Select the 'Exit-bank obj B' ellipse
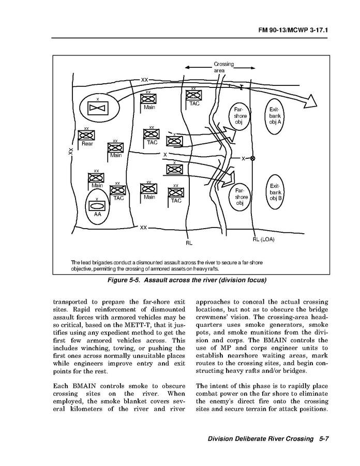[x=275, y=192]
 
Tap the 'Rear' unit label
[x=87, y=144]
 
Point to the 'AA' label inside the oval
[x=97, y=214]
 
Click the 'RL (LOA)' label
[x=264, y=239]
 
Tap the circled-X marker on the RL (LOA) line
[x=252, y=158]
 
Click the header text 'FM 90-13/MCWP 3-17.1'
[x=293, y=31]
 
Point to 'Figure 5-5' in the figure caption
[x=123, y=280]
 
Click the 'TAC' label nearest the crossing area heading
[x=194, y=103]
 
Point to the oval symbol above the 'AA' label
[x=97, y=205]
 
